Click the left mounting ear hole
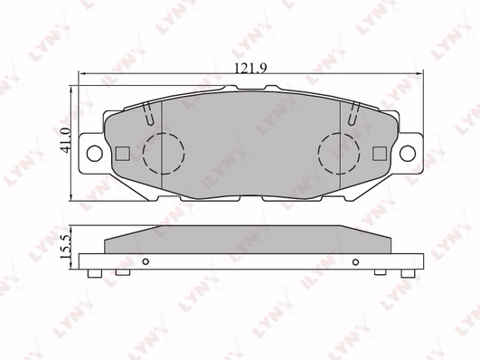tap(92, 151)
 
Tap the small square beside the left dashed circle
tap(126, 152)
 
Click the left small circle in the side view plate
tap(145, 261)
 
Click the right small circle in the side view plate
tap(354, 261)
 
